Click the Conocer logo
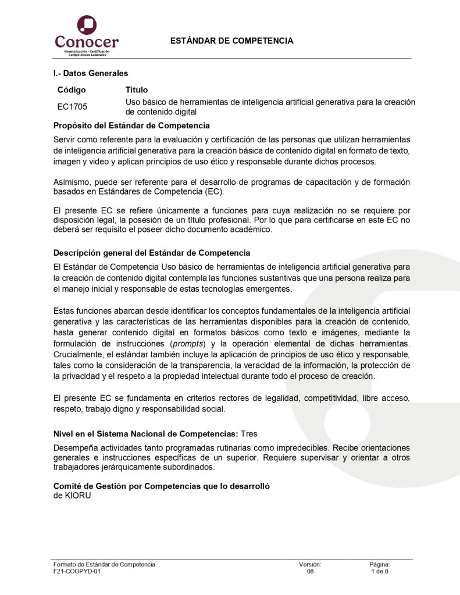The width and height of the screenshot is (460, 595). tap(87, 35)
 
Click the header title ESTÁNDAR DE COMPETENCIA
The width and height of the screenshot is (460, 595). tap(231, 41)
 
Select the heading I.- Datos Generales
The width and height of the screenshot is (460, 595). tap(91, 73)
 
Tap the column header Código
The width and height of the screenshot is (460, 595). tap(72, 90)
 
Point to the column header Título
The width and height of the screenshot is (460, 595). tap(137, 90)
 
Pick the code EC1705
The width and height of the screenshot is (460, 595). tap(72, 107)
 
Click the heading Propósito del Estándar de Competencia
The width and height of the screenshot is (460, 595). tap(131, 126)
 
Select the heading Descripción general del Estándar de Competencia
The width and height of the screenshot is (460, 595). tap(152, 253)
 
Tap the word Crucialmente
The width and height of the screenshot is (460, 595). tap(79, 354)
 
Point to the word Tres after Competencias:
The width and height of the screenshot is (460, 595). tap(249, 433)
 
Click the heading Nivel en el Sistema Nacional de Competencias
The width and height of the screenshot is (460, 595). tap(145, 433)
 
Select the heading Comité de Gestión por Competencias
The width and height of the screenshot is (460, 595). tap(162, 486)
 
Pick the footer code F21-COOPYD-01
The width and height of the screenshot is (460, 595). tap(77, 572)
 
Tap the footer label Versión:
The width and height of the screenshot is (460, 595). tap(310, 564)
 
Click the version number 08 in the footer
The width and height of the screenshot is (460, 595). tap(310, 572)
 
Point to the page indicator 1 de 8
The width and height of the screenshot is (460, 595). tap(379, 572)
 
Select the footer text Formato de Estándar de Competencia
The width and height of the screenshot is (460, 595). tap(104, 564)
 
